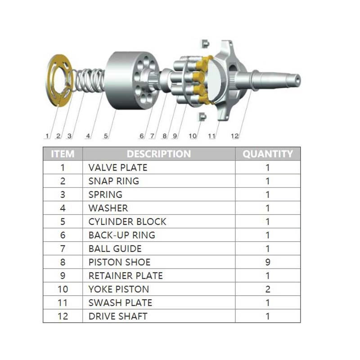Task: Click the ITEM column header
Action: click(63, 154)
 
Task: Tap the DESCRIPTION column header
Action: click(158, 154)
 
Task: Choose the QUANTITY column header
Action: click(268, 154)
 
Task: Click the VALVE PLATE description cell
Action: click(118, 168)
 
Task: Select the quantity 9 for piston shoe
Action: click(268, 262)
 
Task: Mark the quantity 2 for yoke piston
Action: click(268, 289)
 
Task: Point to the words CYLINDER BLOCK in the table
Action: click(127, 222)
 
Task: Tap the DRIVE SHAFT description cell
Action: click(118, 316)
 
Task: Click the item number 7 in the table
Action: click(63, 248)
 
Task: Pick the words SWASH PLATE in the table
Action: click(120, 302)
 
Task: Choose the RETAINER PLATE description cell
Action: click(126, 275)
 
